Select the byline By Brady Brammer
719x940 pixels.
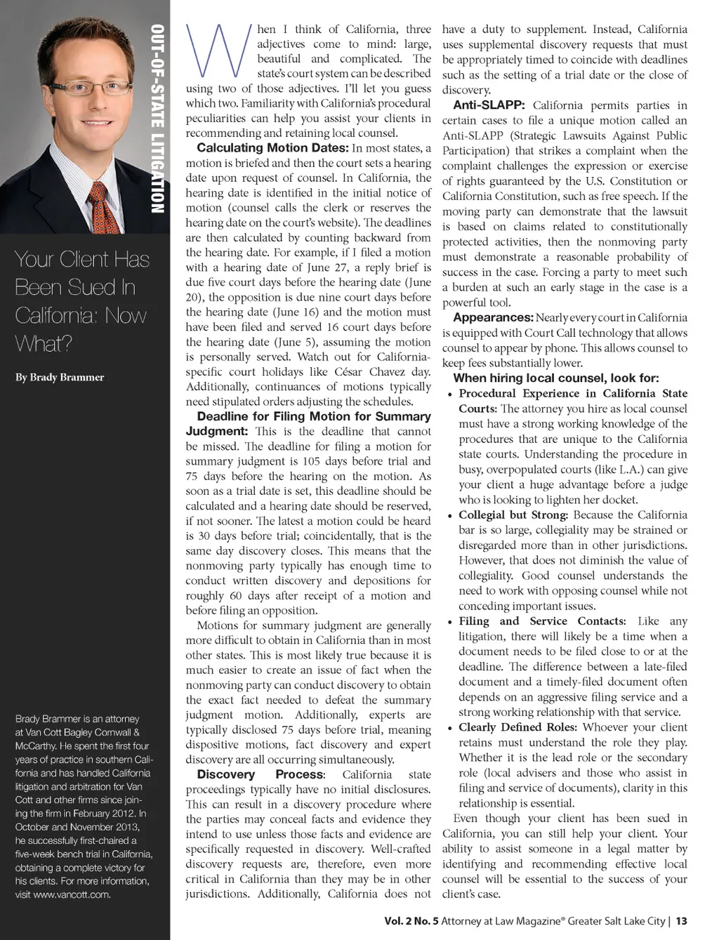click(x=60, y=377)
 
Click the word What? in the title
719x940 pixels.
click(x=44, y=344)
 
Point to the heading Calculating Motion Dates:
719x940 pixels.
click(x=272, y=148)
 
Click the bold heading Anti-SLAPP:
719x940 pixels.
click(x=489, y=105)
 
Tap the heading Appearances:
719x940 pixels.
click(x=493, y=318)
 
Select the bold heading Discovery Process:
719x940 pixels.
click(x=260, y=774)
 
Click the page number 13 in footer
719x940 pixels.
click(x=681, y=921)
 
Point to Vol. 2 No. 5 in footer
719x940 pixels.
click(x=411, y=921)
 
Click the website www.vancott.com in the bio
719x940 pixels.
click(x=74, y=894)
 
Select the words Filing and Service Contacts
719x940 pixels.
click(x=541, y=621)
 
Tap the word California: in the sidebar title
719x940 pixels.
click(x=57, y=315)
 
